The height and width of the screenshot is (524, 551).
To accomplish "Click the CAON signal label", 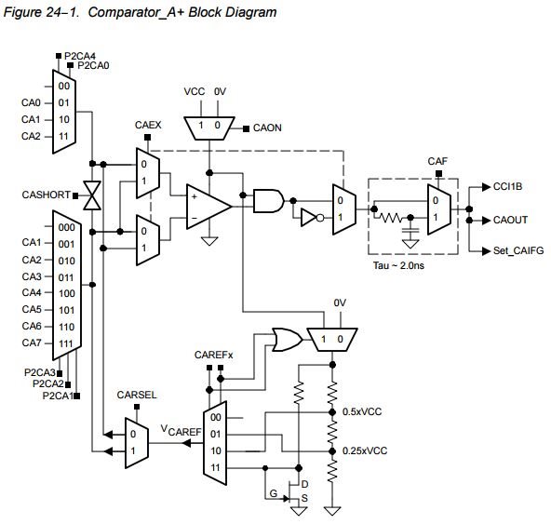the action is click(267, 128).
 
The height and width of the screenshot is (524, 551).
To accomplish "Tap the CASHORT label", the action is click(46, 195).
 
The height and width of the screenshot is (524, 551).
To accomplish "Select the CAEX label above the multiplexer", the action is click(148, 125).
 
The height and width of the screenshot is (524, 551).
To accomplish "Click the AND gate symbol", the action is click(269, 201).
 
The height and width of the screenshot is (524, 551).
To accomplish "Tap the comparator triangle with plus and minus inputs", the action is click(208, 207).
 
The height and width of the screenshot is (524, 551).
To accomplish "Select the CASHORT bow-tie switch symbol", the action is click(92, 195).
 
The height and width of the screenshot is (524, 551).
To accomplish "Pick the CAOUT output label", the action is click(510, 220).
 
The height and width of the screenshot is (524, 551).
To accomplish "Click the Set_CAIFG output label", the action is click(518, 250).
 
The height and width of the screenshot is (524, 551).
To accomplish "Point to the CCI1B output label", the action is click(507, 186).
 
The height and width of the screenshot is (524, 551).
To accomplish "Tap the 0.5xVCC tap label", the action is click(362, 411).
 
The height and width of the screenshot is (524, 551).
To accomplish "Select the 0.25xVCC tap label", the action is click(365, 450).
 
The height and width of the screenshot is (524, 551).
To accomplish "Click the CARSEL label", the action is click(137, 395).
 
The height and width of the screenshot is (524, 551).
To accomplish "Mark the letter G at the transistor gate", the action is click(274, 493).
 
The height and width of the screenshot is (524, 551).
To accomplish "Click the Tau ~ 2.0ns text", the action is click(398, 265).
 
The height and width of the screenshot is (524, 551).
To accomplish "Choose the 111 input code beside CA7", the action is click(66, 343).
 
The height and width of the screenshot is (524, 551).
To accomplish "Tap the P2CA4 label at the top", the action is click(80, 56).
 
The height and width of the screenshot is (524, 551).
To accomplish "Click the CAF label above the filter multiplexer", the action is click(437, 161).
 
